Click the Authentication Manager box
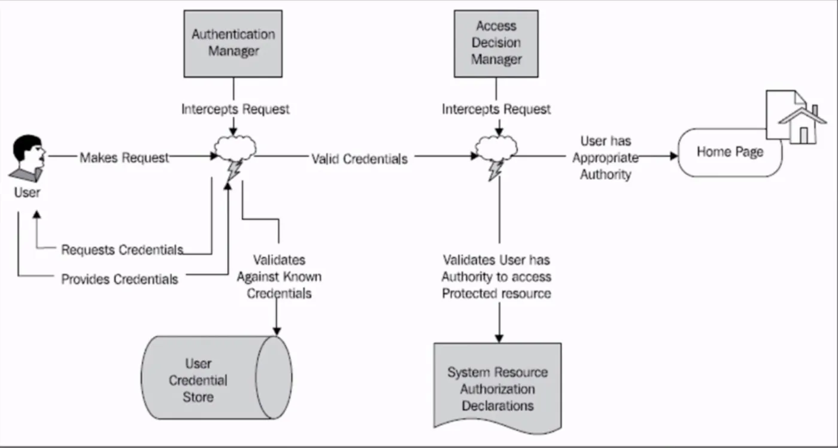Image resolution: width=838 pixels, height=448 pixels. [233, 43]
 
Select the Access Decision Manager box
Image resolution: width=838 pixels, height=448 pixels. [496, 43]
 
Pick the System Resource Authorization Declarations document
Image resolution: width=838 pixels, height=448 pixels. [497, 386]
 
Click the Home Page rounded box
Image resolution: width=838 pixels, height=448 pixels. [730, 153]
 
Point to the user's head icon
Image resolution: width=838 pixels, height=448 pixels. [29, 154]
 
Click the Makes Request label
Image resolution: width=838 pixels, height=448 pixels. [125, 158]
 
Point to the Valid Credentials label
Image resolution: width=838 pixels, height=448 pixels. [359, 159]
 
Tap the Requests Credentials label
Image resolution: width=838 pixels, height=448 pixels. [122, 250]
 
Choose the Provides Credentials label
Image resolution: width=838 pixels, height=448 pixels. [120, 280]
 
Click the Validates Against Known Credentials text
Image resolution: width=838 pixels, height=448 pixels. [279, 277]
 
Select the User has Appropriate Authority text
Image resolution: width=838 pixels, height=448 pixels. [605, 158]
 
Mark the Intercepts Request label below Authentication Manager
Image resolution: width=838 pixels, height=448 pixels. [235, 110]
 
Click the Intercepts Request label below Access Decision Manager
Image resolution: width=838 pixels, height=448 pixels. [496, 110]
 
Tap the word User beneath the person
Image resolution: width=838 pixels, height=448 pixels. [28, 192]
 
